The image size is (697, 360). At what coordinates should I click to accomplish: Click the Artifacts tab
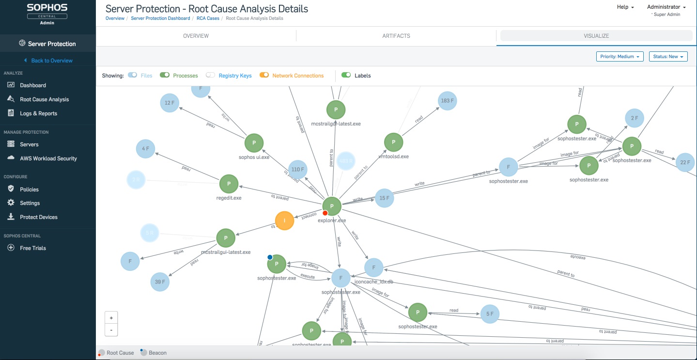point(396,36)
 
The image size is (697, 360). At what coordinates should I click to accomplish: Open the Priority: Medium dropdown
point(620,57)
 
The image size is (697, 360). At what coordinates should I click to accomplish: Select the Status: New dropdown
point(668,57)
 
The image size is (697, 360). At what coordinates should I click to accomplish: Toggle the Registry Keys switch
point(210,75)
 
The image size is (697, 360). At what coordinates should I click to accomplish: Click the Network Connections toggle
point(264,75)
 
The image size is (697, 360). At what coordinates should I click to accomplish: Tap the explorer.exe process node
point(332,206)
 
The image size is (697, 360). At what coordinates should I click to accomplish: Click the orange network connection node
point(284,221)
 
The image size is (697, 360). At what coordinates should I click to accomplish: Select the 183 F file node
point(447,101)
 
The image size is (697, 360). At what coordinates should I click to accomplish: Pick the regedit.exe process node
point(229,184)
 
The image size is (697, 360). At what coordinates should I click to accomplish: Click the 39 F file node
point(160,282)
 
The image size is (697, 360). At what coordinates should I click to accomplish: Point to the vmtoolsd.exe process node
point(393,142)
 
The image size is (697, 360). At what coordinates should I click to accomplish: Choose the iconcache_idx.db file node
point(373,267)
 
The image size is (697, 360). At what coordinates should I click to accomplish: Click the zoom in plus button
point(111,318)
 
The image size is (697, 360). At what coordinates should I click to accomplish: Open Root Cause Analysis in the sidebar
point(44,99)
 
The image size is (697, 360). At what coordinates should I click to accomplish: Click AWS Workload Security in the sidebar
point(48,158)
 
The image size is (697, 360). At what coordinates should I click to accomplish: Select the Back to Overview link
point(51,61)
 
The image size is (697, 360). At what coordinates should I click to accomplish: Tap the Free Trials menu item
point(33,248)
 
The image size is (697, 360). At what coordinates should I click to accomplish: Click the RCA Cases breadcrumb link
point(208,18)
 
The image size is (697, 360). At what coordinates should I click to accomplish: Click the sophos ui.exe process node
point(254,143)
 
